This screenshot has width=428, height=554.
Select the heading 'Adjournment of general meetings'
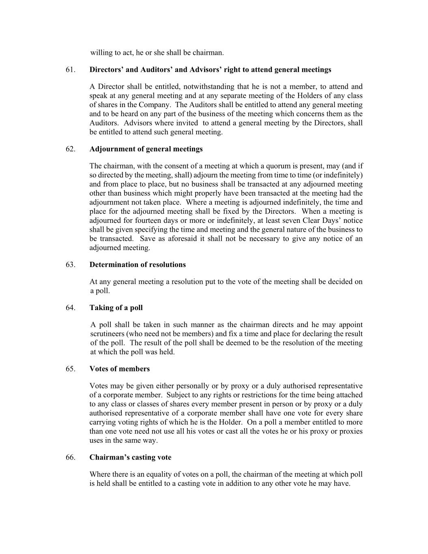pos(146,149)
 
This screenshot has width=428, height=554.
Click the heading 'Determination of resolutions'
pos(138,265)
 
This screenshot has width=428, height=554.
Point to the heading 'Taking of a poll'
pos(116,308)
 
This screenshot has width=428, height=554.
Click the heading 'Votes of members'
pos(120,369)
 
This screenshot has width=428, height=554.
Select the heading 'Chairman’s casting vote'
pos(130,457)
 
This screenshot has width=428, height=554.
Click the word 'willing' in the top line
pos(101,53)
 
